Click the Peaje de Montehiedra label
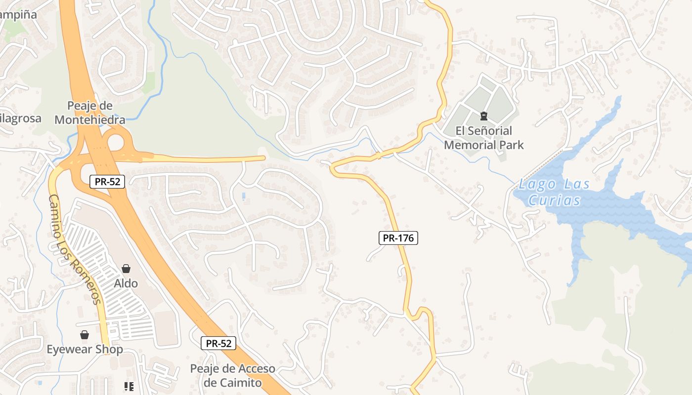90,113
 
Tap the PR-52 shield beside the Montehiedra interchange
108,181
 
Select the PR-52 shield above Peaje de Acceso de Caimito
218,343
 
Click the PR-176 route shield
398,238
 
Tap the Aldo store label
126,283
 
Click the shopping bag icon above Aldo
126,269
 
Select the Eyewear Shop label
85,349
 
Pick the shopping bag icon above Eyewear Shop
85,335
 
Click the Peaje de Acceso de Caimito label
232,376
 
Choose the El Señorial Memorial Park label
483,138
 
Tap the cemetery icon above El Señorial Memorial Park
483,117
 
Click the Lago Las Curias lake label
554,192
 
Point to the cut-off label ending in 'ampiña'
18,14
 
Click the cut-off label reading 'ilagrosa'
20,118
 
